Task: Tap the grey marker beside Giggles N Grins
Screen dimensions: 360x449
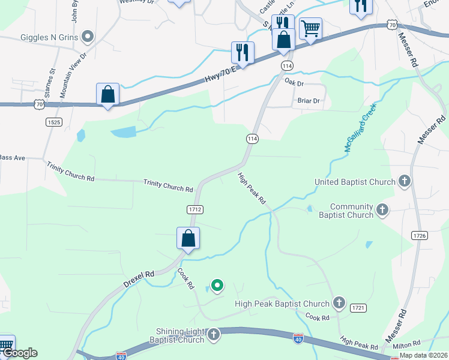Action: coord(88,37)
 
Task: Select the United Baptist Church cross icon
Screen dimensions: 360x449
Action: coord(405,181)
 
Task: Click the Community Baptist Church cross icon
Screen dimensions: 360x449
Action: coord(382,210)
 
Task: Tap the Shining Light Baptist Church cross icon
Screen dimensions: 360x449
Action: coord(213,335)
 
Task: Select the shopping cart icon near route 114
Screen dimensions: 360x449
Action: coord(310,28)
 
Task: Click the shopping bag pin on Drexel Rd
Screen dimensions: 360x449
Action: coord(188,238)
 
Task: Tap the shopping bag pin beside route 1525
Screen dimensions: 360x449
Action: coord(107,94)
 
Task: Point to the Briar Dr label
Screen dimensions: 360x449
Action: coord(309,101)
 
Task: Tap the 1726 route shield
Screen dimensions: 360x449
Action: coord(420,236)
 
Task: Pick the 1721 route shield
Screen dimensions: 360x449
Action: coord(358,307)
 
